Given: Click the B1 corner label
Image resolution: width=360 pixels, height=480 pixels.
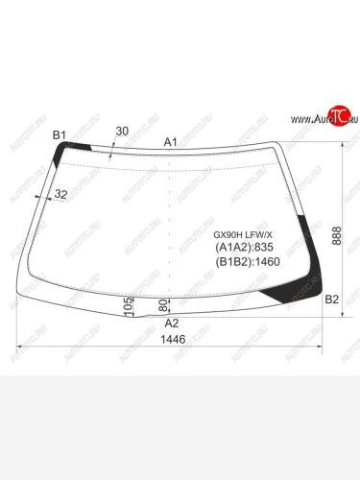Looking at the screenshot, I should coord(59,135).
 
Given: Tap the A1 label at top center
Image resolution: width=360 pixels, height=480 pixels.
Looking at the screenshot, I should coord(171,142).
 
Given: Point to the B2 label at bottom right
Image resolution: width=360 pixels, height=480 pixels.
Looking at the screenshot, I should coord(332,300).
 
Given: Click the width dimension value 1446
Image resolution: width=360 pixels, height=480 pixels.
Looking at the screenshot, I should coord(173,341).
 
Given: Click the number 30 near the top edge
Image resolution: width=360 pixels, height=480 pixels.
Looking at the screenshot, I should coord(122,131).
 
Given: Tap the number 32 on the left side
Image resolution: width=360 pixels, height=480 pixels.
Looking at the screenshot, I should coord(61,195).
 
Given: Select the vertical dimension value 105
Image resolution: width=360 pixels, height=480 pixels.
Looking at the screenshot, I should coord(128,306).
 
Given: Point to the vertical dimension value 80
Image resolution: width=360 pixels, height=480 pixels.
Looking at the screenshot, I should coord(161,306).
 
